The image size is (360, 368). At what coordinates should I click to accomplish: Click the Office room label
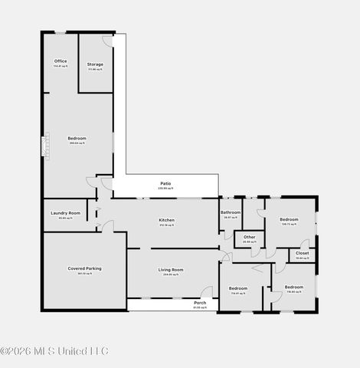(x=61, y=61)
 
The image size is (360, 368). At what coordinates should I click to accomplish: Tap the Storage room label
(x=95, y=64)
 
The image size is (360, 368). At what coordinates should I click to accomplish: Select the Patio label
(x=165, y=183)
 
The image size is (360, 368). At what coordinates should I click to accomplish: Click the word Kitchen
(x=167, y=220)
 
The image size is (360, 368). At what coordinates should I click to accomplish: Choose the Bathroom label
(x=231, y=212)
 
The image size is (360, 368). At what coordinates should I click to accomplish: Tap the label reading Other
(x=249, y=237)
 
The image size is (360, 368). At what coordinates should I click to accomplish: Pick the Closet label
(x=303, y=253)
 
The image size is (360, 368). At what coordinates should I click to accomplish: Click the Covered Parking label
(x=84, y=268)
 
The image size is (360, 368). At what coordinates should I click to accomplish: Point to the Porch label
(x=200, y=303)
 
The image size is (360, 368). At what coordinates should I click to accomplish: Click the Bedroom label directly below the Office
(x=77, y=138)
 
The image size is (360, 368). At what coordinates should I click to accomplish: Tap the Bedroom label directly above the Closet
(x=289, y=219)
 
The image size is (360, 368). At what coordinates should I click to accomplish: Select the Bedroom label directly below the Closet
(x=294, y=287)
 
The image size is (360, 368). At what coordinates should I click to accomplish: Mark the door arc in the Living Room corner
(x=206, y=292)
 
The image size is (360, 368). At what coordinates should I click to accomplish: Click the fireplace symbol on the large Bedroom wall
(x=46, y=146)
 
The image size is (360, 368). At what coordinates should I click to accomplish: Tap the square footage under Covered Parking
(x=84, y=274)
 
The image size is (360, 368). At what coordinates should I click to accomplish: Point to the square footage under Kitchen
(x=167, y=225)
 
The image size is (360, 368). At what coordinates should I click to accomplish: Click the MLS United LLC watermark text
(x=54, y=351)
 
